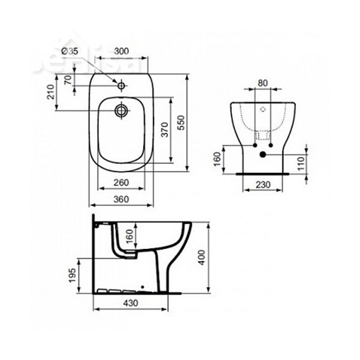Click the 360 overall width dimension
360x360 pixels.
pos(122,200)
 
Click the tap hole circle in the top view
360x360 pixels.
pos(122,86)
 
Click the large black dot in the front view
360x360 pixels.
pos(263,154)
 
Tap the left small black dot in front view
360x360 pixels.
pos(254,145)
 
